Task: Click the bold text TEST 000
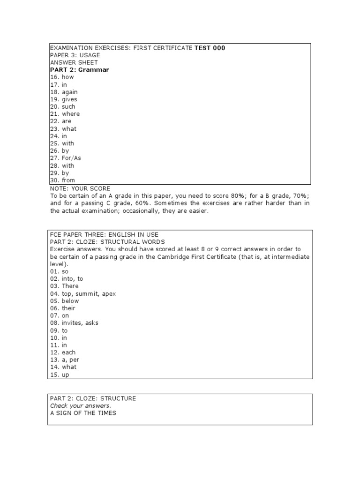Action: (210, 48)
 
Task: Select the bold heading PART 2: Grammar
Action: (79, 70)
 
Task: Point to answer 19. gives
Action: (63, 99)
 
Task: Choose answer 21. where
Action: (65, 114)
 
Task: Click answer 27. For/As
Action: (65, 158)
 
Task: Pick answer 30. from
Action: (62, 180)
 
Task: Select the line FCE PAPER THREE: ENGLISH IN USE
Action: (104, 234)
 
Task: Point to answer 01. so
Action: (60, 271)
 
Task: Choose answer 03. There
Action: (64, 286)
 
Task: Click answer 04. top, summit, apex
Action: (82, 293)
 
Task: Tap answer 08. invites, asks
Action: (74, 323)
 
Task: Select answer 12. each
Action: (63, 352)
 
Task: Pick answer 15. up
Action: (60, 375)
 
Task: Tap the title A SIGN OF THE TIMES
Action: (83, 413)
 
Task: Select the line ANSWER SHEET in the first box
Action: (74, 62)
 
